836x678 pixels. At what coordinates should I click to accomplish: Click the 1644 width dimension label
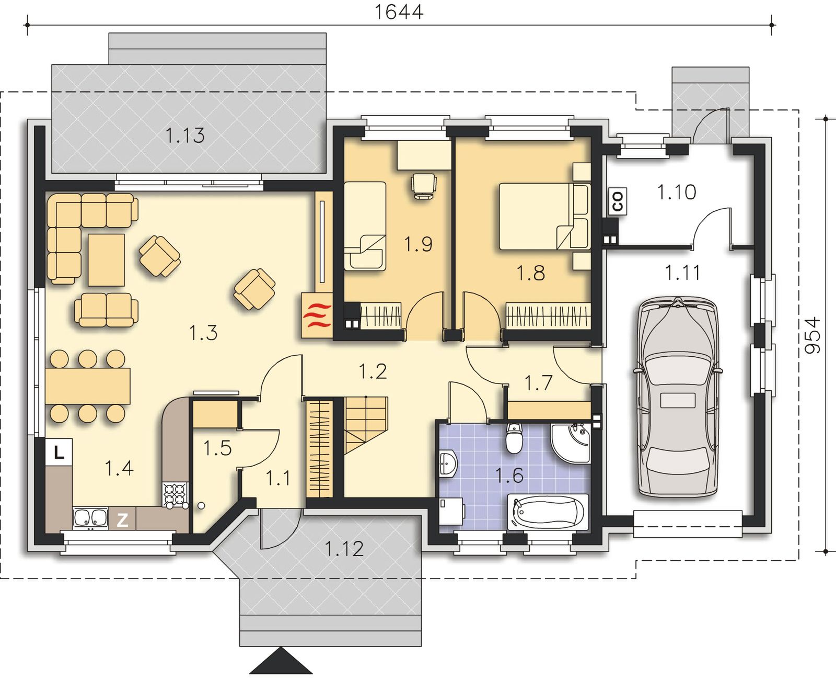[399, 12]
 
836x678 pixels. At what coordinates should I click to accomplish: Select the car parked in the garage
[678, 397]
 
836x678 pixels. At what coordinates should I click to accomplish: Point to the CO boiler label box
[618, 201]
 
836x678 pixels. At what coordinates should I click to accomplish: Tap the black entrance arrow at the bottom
[281, 661]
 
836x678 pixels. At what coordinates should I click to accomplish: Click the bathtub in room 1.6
[548, 512]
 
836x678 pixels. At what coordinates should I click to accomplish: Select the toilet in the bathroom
[514, 438]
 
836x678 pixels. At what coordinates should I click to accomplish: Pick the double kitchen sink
[91, 517]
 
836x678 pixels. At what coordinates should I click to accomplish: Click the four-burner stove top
[175, 494]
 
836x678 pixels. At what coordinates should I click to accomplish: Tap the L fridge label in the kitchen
[59, 452]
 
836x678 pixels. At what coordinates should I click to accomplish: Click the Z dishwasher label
[122, 520]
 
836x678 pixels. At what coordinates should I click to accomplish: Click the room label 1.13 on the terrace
[185, 135]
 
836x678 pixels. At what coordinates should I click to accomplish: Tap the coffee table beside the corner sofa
[106, 260]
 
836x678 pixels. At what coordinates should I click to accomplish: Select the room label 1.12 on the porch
[344, 549]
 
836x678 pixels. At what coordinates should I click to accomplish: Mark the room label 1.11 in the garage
[682, 273]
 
